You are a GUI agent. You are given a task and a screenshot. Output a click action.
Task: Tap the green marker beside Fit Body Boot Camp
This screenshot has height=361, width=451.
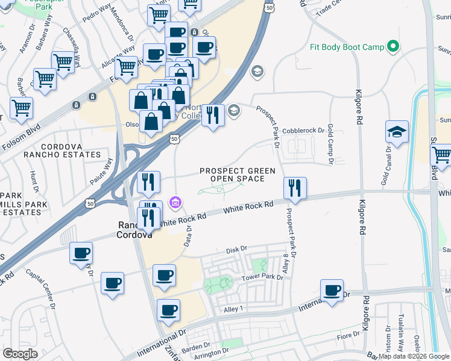coord(394,46)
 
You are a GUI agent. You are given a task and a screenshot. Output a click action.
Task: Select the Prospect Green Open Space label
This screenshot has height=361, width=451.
coord(233,174)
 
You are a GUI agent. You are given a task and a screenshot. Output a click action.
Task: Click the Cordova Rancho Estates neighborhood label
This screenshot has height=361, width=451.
coord(63,151)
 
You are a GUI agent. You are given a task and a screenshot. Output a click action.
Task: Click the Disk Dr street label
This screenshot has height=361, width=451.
coord(236,248)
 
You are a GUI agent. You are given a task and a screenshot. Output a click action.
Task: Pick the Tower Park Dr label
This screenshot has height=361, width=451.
coord(262,277)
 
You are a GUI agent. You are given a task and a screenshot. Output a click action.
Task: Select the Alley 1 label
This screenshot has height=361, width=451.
coord(233,309)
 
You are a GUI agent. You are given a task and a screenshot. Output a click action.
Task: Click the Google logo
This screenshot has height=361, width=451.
coord(20,354)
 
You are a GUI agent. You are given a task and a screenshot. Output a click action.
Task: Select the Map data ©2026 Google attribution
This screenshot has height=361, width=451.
coord(414,356)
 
